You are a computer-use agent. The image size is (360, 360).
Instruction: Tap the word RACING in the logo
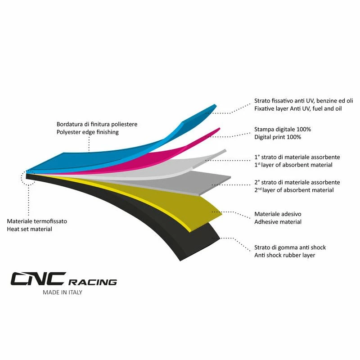[93, 282]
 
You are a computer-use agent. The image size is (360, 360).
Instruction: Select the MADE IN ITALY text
[63, 292]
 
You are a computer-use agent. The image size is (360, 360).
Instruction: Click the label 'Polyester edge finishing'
[87, 132]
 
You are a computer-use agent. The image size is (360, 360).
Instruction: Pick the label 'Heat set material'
[29, 229]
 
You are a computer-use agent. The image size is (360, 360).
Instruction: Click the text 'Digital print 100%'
[278, 137]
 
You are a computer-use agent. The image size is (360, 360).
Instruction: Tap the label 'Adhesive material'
[278, 222]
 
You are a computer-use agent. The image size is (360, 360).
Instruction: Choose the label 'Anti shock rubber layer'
[284, 255]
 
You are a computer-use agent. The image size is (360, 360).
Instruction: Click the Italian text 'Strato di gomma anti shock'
[290, 247]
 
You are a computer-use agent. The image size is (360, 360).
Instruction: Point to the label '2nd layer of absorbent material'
[294, 190]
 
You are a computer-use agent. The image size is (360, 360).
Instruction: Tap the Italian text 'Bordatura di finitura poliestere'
[97, 124]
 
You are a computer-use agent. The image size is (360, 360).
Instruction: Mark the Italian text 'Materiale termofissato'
[37, 221]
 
